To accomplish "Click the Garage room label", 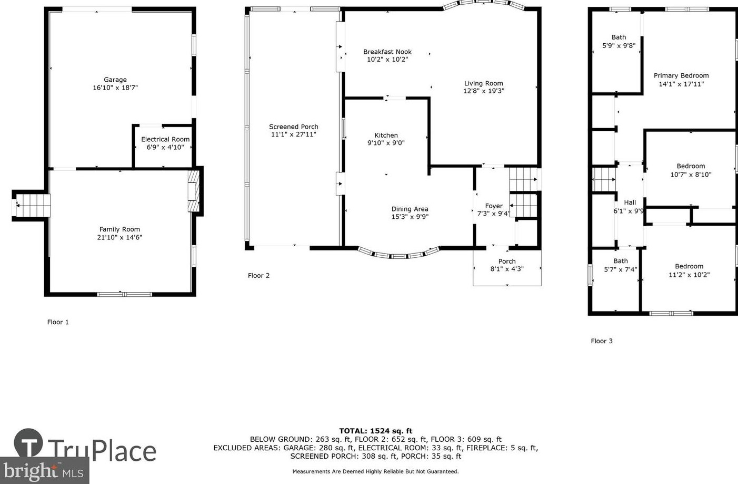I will [x=115, y=80].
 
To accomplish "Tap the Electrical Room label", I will [x=165, y=140].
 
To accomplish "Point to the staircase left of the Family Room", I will [x=32, y=205].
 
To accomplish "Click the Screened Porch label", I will [x=294, y=127].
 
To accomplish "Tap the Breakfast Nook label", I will [x=387, y=52].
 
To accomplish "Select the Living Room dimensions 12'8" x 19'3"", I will [x=483, y=91].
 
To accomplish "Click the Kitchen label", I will [x=386, y=135].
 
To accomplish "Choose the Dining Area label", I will [x=410, y=209].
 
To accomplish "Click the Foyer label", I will [x=493, y=206].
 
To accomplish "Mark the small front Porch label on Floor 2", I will [x=507, y=262].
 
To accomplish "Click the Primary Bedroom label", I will [x=681, y=76].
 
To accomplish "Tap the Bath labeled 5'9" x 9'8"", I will [x=619, y=41].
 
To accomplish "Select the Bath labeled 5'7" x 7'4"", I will [x=620, y=265].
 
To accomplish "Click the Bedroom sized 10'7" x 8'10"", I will [x=691, y=170].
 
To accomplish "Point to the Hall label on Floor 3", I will [x=630, y=202].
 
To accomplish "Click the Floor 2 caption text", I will [x=259, y=276].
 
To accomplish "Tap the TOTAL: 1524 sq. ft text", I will [x=375, y=431].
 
